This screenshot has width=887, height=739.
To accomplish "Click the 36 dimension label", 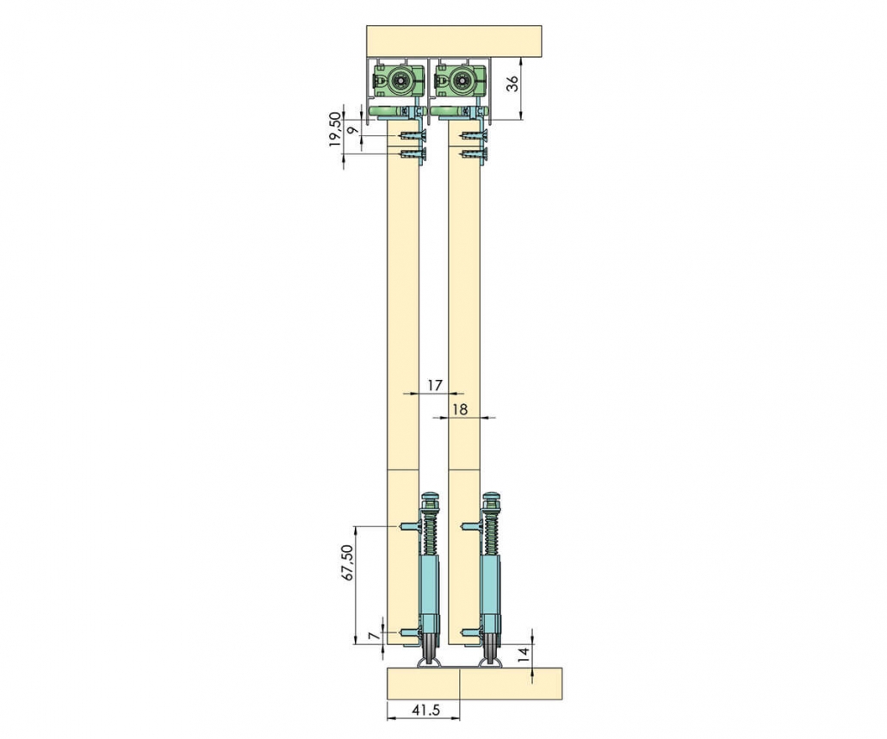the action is (x=512, y=84).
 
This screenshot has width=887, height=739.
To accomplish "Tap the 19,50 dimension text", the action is (x=335, y=129).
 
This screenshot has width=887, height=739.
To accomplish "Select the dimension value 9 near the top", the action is (x=352, y=130).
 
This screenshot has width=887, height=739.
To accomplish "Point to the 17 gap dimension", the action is (x=434, y=385).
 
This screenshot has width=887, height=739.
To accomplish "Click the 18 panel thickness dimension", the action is (x=461, y=409).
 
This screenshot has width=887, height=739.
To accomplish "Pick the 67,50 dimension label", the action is (x=347, y=562).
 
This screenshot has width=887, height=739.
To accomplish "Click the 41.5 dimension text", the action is (x=426, y=710).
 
